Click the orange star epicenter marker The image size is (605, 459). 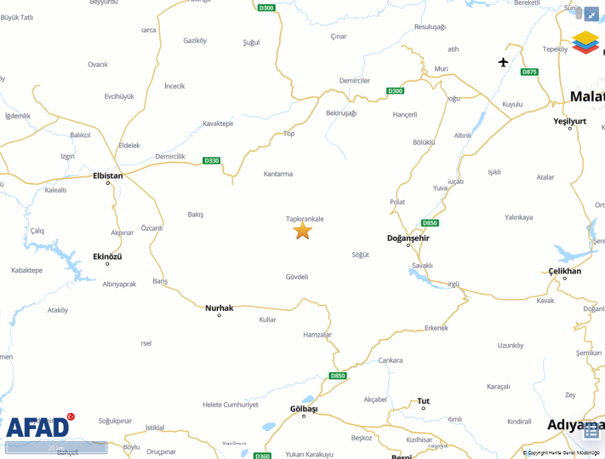[x=302, y=230]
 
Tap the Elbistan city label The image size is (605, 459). [x=108, y=176]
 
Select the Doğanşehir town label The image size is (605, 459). [x=408, y=238]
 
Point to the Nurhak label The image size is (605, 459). [x=220, y=308]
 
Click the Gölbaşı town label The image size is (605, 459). [x=304, y=409]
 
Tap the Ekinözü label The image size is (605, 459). [x=108, y=256]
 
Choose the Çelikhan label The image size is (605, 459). [x=565, y=271]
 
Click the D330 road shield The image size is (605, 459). [x=211, y=161]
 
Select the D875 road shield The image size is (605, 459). [x=529, y=72]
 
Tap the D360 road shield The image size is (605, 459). [x=263, y=456]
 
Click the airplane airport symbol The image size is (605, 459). [x=503, y=62]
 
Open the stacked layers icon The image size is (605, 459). [x=586, y=41]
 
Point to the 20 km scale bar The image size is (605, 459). [x=56, y=448]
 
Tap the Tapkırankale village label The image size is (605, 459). [x=305, y=219]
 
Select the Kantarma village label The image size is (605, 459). [x=278, y=174]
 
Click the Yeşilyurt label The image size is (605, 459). [x=570, y=121]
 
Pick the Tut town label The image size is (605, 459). [x=424, y=401]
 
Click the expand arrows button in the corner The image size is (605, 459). [x=591, y=14]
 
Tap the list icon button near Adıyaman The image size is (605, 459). [x=591, y=431]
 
